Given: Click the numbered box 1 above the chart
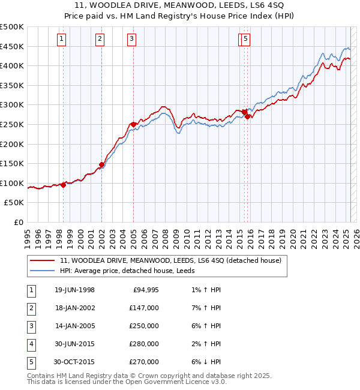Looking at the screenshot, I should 62,40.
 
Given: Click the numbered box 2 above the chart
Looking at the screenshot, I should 100,40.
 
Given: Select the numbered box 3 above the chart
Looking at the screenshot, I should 131,40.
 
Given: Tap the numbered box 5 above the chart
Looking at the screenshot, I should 247,40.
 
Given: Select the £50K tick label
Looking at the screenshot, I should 14,203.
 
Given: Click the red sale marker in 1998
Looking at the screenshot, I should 63,185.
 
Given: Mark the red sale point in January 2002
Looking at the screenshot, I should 101,164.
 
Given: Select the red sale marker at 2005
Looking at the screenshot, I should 133,124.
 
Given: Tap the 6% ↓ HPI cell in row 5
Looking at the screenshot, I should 206,362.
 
